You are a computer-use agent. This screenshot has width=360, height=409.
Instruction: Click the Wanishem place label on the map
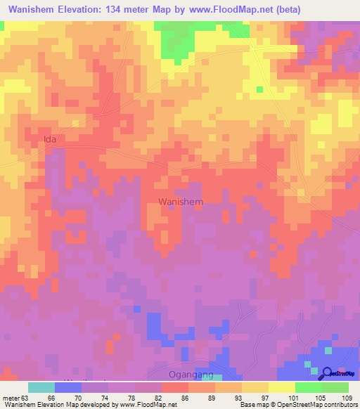pyautogui.click(x=181, y=202)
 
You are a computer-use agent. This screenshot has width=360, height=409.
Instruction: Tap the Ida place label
pyautogui.click(x=49, y=139)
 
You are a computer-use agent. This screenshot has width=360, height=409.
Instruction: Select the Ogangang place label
pyautogui.click(x=192, y=374)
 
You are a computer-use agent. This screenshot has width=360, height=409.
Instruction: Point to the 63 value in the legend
pyautogui.click(x=27, y=397)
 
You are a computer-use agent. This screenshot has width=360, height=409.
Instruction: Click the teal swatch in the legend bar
pyautogui.click(x=41, y=387)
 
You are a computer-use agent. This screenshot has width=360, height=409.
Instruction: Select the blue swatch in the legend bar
pyautogui.click(x=68, y=387)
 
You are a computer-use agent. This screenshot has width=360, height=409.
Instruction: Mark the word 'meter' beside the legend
pyautogui.click(x=11, y=397)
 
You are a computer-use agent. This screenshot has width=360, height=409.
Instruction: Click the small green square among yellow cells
pyautogui.click(x=259, y=89)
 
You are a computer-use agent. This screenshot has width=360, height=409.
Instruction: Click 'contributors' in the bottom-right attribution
pyautogui.click(x=340, y=405)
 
